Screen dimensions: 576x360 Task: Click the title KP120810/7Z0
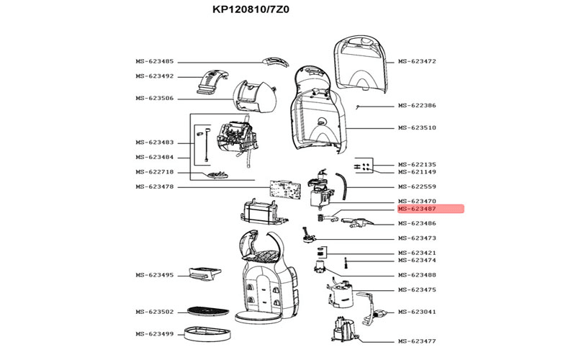pos(251,9)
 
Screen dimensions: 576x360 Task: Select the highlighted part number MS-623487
pos(417,209)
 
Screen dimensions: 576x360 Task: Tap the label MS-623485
pos(154,61)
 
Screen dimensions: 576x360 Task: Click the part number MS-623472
pos(417,61)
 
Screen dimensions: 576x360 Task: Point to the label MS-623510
pos(417,128)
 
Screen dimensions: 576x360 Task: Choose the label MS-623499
pos(154,334)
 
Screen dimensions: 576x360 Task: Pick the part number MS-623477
pos(417,341)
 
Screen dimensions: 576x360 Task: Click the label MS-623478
pos(154,186)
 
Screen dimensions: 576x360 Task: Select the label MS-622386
pos(417,105)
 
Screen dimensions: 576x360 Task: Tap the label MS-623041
pos(417,312)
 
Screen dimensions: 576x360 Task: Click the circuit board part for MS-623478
pos(285,189)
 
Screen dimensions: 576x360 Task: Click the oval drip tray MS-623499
pos(208,333)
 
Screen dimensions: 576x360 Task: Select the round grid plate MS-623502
pos(208,312)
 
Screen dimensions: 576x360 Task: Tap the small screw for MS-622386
pos(357,107)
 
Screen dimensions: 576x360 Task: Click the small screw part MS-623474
pos(346,263)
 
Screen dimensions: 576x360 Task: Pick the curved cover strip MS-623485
pos(275,62)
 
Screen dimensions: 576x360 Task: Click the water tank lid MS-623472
pos(360,64)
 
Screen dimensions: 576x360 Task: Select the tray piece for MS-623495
pos(204,274)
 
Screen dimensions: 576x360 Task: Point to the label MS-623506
pos(154,99)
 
